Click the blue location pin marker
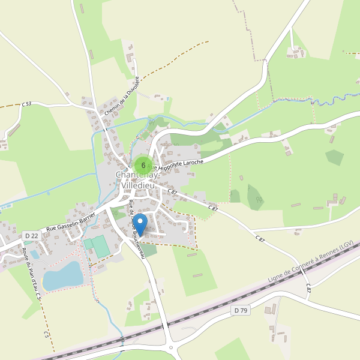pyautogui.click(x=140, y=224)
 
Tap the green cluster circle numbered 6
pyautogui.click(x=143, y=165)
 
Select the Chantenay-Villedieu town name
pyautogui.click(x=137, y=181)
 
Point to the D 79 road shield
pyautogui.click(x=240, y=310)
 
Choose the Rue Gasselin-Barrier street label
pyautogui.click(x=71, y=221)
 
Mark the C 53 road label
pyautogui.click(x=26, y=104)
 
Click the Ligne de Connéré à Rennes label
pyautogui.click(x=312, y=261)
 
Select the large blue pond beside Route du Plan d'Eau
pyautogui.click(x=62, y=275)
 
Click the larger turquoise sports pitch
pyautogui.click(x=100, y=245)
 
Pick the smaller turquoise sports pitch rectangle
pyautogui.click(x=88, y=244)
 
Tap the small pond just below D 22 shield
pyautogui.click(x=35, y=254)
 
